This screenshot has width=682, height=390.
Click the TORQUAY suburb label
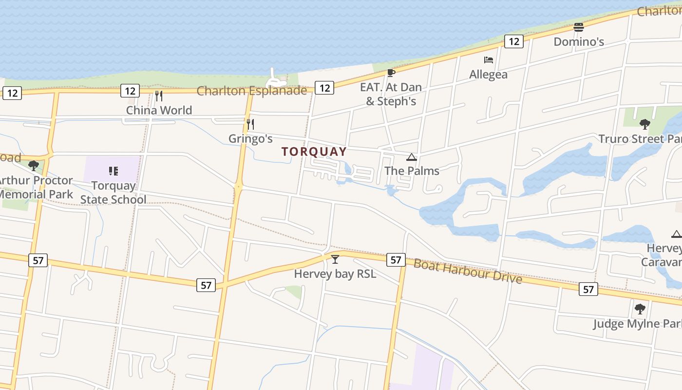click(314, 152)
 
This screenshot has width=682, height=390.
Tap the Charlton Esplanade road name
click(252, 91)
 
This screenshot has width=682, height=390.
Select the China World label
click(159, 110)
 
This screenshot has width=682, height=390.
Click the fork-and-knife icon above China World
click(158, 96)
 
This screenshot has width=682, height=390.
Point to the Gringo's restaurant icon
click(250, 124)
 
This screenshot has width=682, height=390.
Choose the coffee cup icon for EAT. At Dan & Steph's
click(391, 73)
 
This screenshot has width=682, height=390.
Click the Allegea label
click(488, 75)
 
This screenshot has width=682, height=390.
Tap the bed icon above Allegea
click(489, 60)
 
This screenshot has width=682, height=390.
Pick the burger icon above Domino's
click(579, 27)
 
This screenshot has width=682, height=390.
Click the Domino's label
click(579, 42)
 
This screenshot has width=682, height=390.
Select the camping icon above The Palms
click(412, 157)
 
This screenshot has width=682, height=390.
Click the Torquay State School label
click(113, 193)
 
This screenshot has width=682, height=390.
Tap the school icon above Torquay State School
click(114, 171)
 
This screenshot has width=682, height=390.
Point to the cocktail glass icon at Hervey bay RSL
click(335, 259)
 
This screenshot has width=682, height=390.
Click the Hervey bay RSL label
click(335, 274)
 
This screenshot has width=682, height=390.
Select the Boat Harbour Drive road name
click(468, 271)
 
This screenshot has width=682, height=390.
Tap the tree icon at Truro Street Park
click(645, 124)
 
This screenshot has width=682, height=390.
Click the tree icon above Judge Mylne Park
click(640, 309)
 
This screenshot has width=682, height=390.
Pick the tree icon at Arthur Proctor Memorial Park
click(34, 166)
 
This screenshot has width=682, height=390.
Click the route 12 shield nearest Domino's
click(514, 41)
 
